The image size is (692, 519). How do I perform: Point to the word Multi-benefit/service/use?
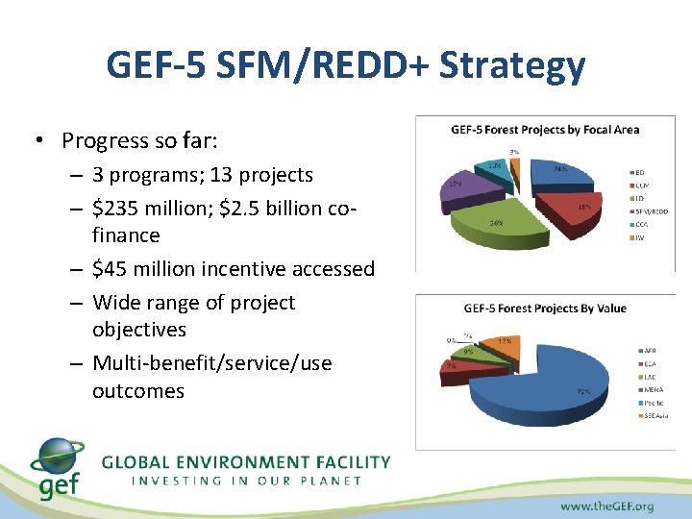[212, 363]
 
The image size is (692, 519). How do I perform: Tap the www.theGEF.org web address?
[606, 506]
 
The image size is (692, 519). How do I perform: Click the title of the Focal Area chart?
[545, 130]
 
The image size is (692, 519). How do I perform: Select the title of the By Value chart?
[544, 309]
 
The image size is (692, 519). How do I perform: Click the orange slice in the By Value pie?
[502, 343]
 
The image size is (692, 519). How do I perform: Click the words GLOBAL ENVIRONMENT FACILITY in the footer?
[246, 462]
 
